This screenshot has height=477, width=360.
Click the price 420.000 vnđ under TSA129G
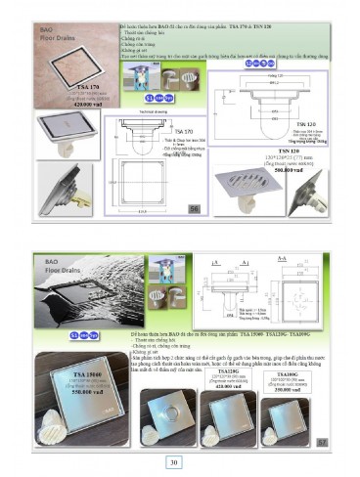pyautogui.click(x=229, y=385)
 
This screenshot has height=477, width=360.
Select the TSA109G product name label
pyautogui.click(x=288, y=371)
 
